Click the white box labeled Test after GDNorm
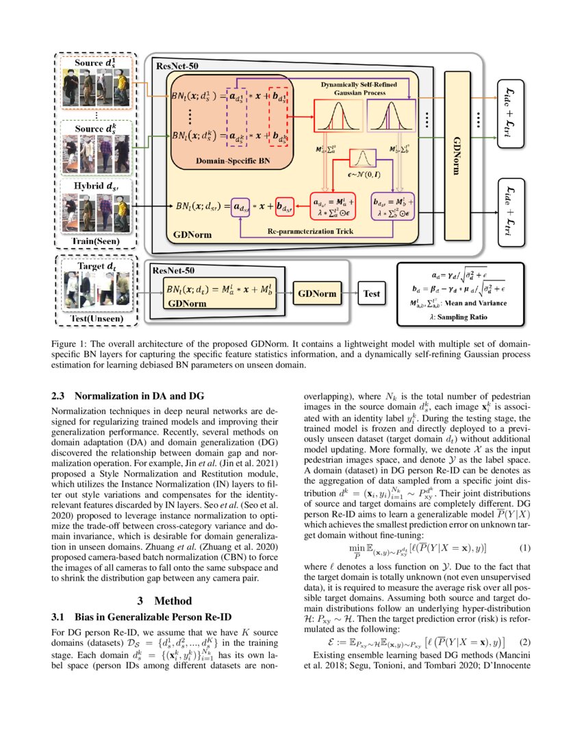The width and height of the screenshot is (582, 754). [x=371, y=293]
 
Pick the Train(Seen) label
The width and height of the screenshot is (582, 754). [x=95, y=241]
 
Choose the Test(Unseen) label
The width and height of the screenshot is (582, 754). [x=95, y=318]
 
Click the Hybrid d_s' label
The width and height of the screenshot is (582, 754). [x=95, y=185]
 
